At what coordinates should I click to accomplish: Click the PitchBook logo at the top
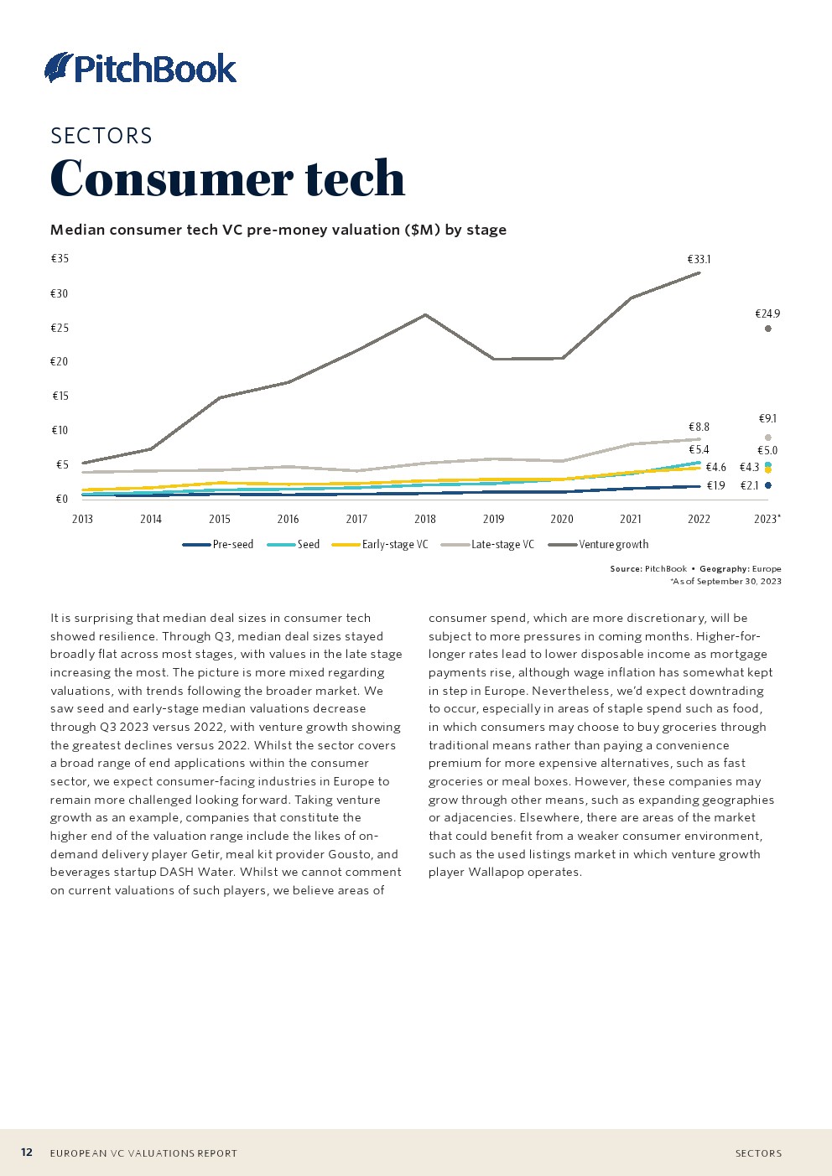coord(141,68)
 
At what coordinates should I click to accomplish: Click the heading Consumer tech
coord(227,178)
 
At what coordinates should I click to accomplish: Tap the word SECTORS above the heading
coord(101,136)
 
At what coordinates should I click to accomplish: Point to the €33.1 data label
coord(699,260)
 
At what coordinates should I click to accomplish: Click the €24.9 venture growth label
coord(767,313)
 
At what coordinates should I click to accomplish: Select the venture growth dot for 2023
coord(768,329)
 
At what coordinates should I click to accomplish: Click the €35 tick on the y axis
coord(60,259)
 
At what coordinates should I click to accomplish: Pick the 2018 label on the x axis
coord(425,519)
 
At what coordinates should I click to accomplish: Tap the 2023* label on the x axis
coord(767,519)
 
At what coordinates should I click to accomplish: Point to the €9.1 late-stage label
coord(767,418)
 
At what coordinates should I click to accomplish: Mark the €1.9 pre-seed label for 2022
coord(715,485)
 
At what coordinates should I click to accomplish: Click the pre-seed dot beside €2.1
coord(768,485)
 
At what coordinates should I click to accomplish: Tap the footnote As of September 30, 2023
coord(726,581)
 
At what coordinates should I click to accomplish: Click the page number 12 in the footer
coord(27,1153)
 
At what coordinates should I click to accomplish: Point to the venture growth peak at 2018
coord(426,315)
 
